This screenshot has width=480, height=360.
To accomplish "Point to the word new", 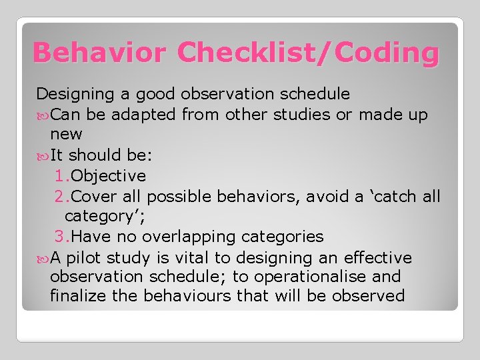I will tap(66, 135).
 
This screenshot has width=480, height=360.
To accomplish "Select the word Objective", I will tap(109, 176).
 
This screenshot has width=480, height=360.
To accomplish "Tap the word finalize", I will tap(79, 295).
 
